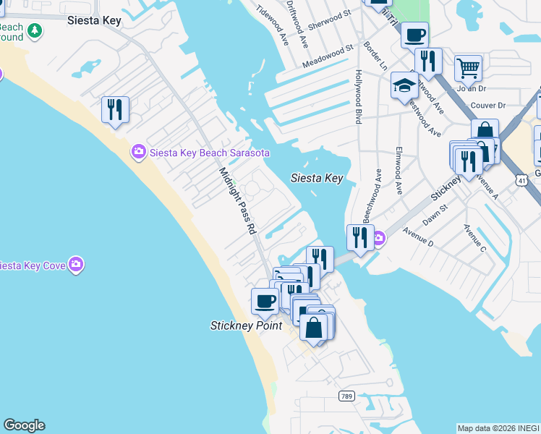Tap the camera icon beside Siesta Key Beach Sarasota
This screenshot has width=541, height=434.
(137, 152)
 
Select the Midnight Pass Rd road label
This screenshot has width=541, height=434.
(238, 200)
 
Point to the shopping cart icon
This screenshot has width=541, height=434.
(468, 69)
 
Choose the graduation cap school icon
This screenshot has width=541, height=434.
(404, 87)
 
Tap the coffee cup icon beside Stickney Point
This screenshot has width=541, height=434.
(265, 301)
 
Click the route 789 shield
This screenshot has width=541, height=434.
(346, 396)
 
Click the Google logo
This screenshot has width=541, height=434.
(24, 425)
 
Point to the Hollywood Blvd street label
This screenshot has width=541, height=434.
(358, 97)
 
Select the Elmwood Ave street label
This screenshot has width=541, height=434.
(399, 171)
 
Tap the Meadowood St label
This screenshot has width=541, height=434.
(328, 56)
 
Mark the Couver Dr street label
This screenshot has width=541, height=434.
(487, 105)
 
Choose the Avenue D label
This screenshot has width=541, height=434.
(418, 238)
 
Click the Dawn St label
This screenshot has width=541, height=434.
(435, 215)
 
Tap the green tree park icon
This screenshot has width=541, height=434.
(34, 31)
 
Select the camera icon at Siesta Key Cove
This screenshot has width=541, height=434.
(76, 265)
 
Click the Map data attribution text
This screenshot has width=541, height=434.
(498, 427)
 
